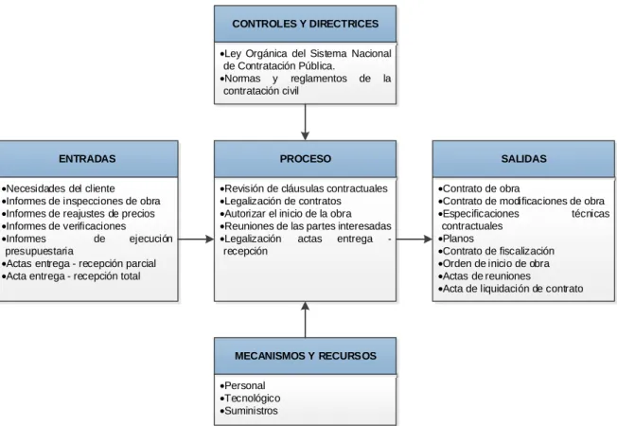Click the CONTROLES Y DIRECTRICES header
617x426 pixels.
point(305,24)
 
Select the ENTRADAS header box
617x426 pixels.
point(88,159)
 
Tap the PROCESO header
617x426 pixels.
point(305,159)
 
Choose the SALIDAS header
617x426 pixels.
point(523,159)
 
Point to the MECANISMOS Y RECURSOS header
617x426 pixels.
point(305,356)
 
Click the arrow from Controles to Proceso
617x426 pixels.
point(305,122)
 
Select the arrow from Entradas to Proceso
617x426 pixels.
point(196,239)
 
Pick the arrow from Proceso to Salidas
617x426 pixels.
point(414,239)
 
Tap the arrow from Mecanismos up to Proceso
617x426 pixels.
point(305,319)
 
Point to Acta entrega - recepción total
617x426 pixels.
point(73,276)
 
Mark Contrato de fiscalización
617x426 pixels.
point(498,251)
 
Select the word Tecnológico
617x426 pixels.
point(253,398)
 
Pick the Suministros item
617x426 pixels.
point(251,411)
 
